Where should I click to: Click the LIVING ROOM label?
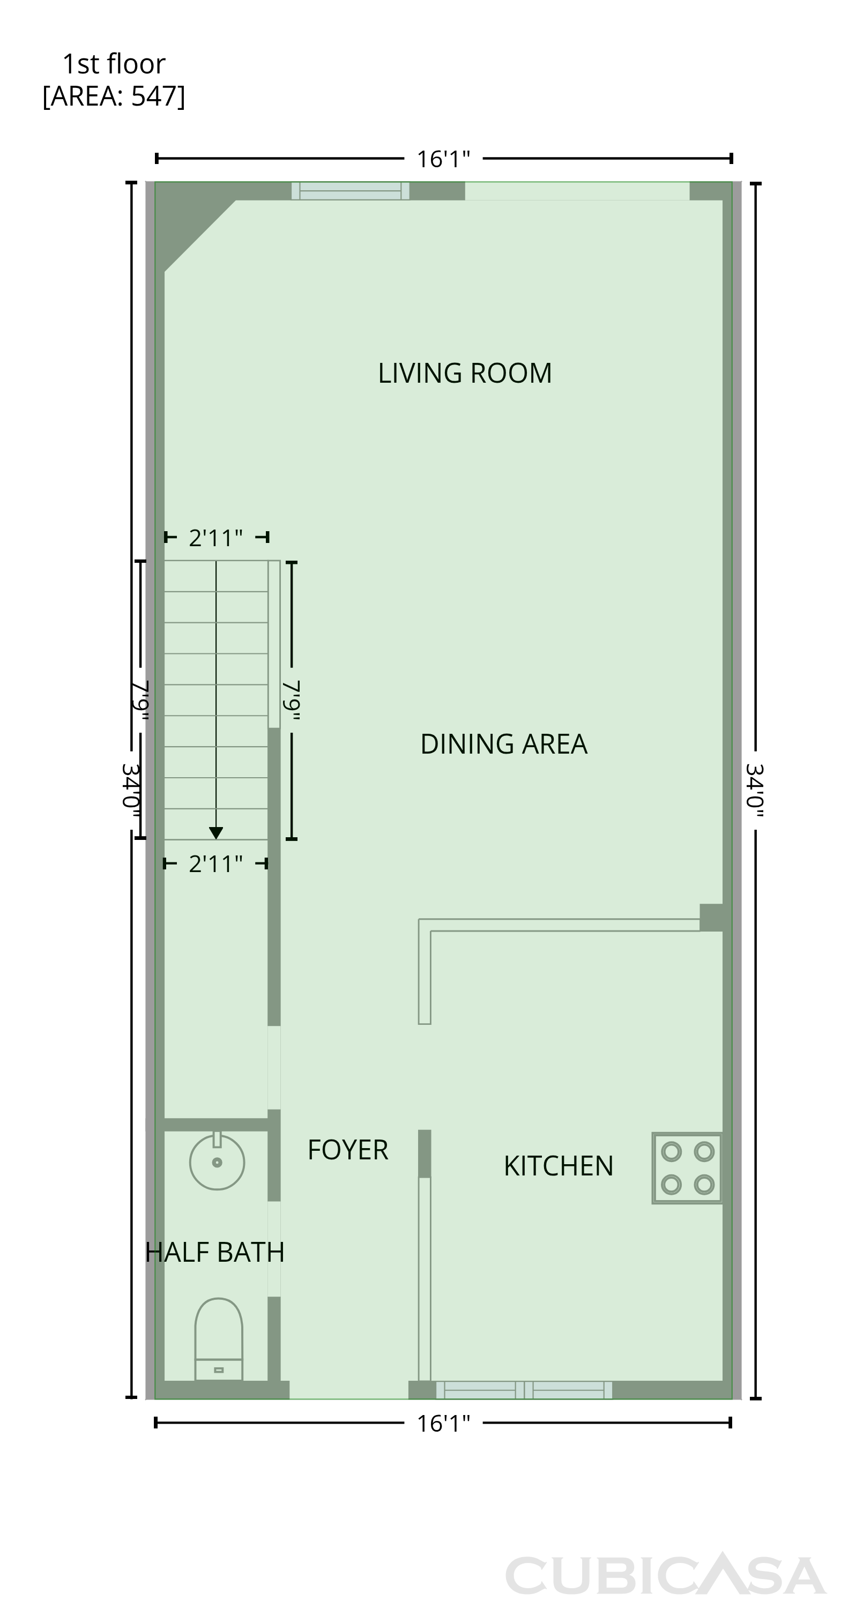pyautogui.click(x=465, y=373)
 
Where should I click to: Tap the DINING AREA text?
pyautogui.click(x=504, y=744)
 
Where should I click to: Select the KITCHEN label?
pyautogui.click(x=558, y=1166)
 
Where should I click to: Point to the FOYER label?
pyautogui.click(x=348, y=1150)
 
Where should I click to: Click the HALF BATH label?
pyautogui.click(x=215, y=1252)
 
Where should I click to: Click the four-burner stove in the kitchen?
pyautogui.click(x=687, y=1168)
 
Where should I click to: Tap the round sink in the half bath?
pyautogui.click(x=217, y=1162)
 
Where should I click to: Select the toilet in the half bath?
pyautogui.click(x=219, y=1339)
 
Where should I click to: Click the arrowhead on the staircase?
pyautogui.click(x=216, y=833)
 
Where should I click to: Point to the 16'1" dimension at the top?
pyautogui.click(x=443, y=159)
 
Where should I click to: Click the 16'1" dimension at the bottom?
pyautogui.click(x=443, y=1423)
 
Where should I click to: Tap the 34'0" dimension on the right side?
pyautogui.click(x=755, y=790)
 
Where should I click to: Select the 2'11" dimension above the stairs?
pyautogui.click(x=216, y=538)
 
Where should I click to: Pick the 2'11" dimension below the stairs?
pyautogui.click(x=216, y=864)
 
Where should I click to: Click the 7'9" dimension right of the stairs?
pyautogui.click(x=292, y=700)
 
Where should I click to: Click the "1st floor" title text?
pyautogui.click(x=114, y=64)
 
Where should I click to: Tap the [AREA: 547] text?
pyautogui.click(x=114, y=96)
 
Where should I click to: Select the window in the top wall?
pyautogui.click(x=350, y=190)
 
